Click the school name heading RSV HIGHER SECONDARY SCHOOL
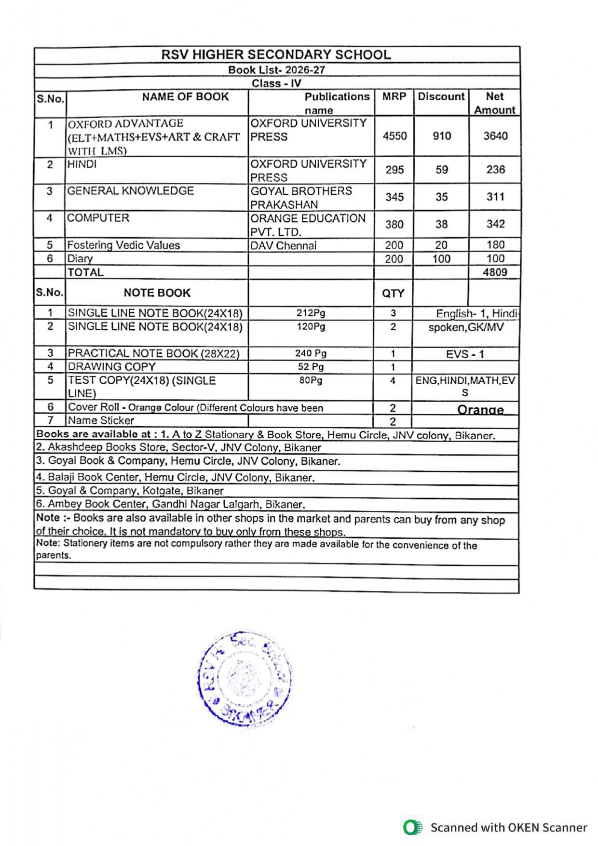pos(276,54)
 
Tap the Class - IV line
pos(276,83)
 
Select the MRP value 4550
pos(394,136)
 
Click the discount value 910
pos(441,136)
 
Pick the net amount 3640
pos(495,136)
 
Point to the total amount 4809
pos(495,272)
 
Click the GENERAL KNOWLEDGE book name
pos(130,191)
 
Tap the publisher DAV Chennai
pos(284,245)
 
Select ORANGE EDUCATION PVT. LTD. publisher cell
pos(308,225)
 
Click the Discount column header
pos(441,96)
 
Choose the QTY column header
pos(393,293)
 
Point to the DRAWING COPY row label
pos(111,367)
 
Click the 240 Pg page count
pos(311,353)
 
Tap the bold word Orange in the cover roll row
pos(480,410)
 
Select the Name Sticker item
pos(101,420)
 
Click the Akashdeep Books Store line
pos(178,447)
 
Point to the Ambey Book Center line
pos(170,504)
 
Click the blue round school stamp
pos(245,678)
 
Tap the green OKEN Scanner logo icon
pos(412,827)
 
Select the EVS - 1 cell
pos(464,354)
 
